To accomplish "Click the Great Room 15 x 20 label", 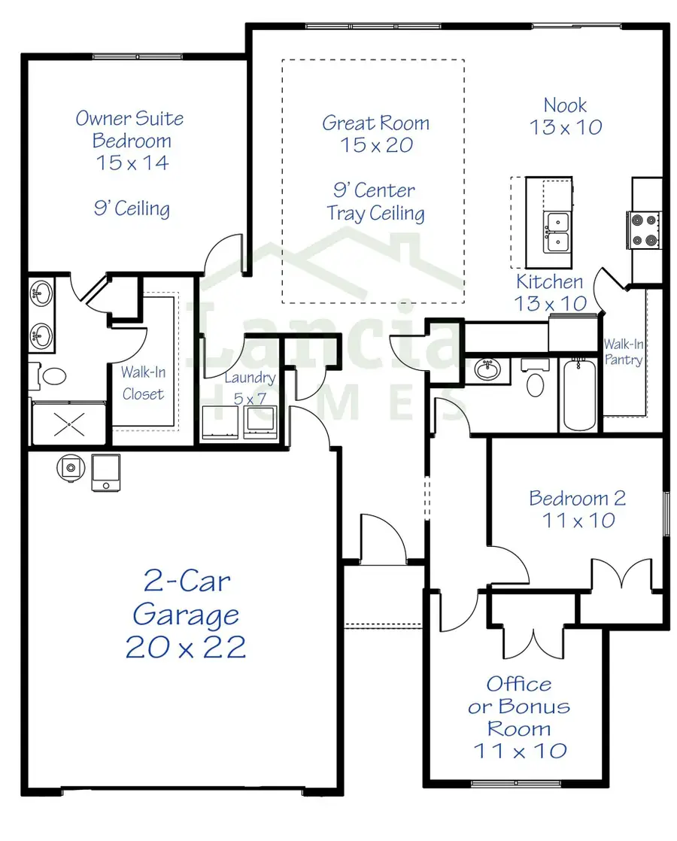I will (x=375, y=134).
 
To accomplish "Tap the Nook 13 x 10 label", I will (x=566, y=117).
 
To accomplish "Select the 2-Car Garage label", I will (x=186, y=614).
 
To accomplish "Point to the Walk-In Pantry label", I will (x=624, y=351).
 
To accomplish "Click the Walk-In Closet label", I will (x=143, y=382).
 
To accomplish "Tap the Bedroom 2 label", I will (x=577, y=509).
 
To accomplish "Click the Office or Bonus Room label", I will (x=519, y=716).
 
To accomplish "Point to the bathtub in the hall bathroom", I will (x=578, y=394).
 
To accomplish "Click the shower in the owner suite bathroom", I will (x=68, y=424).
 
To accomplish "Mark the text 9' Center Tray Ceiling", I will (x=375, y=202).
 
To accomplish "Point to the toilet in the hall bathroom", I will (x=536, y=380).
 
